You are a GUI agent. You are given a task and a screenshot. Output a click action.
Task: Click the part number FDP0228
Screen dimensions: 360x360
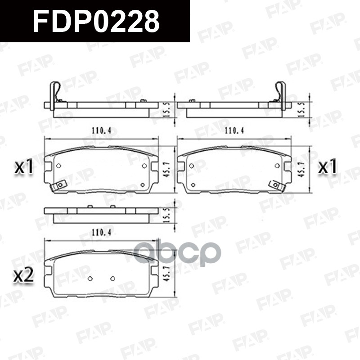coord(95,21)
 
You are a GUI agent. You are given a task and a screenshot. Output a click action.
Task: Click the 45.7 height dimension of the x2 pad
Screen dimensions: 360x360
coord(166,274)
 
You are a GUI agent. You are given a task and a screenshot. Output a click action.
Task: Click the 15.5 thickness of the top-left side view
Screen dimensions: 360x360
coord(166,108)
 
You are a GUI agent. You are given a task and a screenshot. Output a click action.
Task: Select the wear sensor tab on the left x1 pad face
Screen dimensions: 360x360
coord(58,185)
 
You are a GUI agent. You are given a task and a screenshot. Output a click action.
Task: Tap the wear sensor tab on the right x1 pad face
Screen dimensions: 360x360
coord(275,185)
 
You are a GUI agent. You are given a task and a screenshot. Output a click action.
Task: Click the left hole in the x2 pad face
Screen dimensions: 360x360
coord(90,278)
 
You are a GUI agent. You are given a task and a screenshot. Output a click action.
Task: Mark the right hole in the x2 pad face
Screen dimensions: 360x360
coord(112,278)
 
